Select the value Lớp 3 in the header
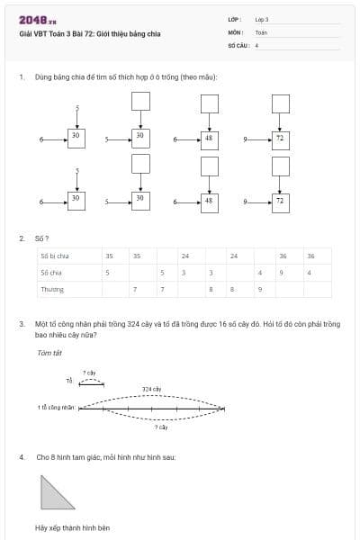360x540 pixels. point(262,19)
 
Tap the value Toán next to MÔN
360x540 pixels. point(261,31)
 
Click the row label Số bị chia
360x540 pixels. point(55,256)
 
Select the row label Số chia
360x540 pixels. point(50,272)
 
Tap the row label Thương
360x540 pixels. point(51,289)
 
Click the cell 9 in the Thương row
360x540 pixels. point(259,289)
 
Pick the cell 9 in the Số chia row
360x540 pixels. point(283,272)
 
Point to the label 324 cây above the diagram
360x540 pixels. point(152,389)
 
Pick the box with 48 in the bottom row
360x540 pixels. point(209,201)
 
